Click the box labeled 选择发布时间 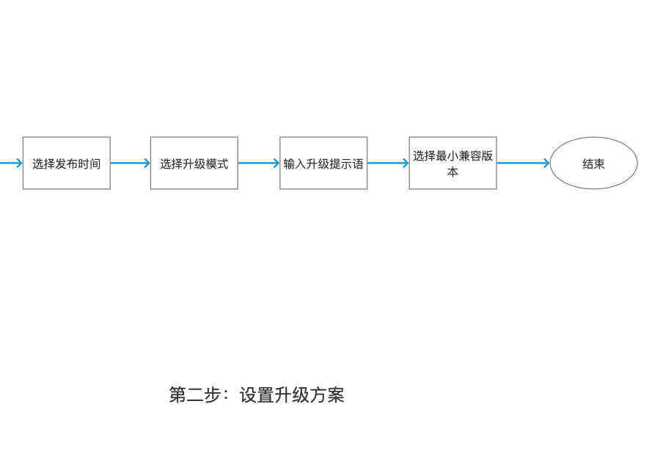[67, 164]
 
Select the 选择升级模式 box [194, 164]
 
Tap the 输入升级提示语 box [323, 164]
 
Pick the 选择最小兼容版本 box [453, 164]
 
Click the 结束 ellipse [593, 164]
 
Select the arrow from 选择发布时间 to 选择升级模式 [131, 164]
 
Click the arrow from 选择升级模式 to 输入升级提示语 [259, 164]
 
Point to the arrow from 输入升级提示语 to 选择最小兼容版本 [388, 164]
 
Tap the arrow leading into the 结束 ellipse [524, 164]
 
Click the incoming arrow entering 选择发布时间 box [12, 164]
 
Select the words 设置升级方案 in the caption [292, 394]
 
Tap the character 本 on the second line [453, 172]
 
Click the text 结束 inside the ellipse [593, 164]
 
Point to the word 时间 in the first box [89, 164]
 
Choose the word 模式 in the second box [217, 164]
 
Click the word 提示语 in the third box [346, 164]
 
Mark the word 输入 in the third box [295, 164]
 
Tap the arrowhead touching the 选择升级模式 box [147, 164]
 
